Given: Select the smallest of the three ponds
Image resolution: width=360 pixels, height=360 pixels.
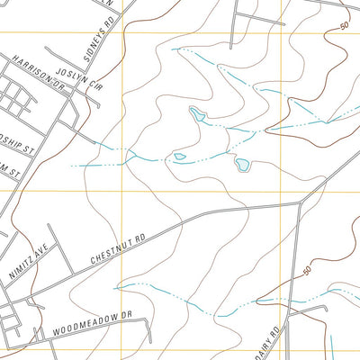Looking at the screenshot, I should click(x=180, y=157).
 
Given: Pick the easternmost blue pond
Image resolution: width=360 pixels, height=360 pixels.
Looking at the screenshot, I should click(x=241, y=164).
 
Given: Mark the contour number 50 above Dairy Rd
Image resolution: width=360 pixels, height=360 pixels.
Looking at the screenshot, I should click(x=308, y=270).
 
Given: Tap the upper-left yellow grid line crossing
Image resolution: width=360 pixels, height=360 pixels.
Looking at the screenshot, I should click(x=122, y=33).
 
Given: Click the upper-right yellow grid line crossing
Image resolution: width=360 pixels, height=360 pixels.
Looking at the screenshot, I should click(x=282, y=33).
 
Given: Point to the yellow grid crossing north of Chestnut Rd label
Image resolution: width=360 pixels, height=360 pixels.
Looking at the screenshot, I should click(x=122, y=192).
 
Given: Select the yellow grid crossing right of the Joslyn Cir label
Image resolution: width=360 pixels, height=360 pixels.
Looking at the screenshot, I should click(x=122, y=33).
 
